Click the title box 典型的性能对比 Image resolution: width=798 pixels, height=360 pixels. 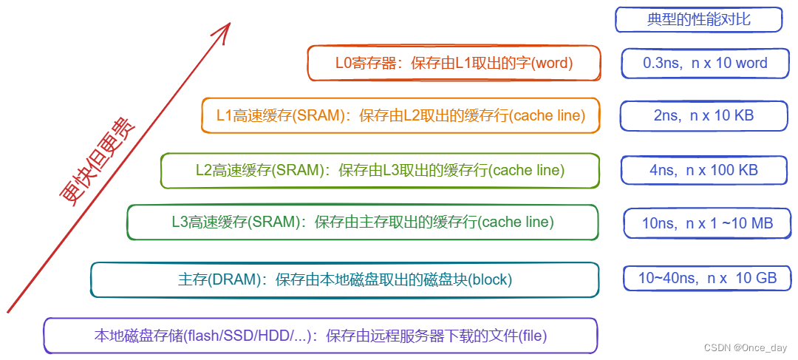tap(698, 20)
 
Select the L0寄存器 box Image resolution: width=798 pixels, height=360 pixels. tap(454, 64)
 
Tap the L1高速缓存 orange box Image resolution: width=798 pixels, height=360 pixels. tap(400, 116)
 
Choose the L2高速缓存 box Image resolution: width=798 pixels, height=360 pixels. tap(380, 171)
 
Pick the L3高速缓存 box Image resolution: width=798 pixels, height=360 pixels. tap(362, 222)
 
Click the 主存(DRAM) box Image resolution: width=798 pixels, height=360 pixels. tap(344, 279)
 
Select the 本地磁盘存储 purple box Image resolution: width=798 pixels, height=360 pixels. tap(320, 336)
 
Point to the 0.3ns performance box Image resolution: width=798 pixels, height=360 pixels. tap(705, 64)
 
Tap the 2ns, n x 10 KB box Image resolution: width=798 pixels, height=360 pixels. tap(703, 116)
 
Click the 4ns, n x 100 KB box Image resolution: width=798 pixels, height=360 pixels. tap(703, 171)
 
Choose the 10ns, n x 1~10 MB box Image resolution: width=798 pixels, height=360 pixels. tap(707, 223)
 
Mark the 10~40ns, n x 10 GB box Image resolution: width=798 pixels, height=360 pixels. tap(707, 279)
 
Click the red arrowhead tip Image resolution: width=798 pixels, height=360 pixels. tap(229, 24)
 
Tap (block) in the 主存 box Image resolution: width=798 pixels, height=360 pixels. tap(490, 280)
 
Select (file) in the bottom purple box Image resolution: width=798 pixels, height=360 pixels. tap(532, 336)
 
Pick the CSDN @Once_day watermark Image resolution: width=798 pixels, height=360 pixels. tap(746, 347)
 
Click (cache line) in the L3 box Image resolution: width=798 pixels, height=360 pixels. tap(516, 222)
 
